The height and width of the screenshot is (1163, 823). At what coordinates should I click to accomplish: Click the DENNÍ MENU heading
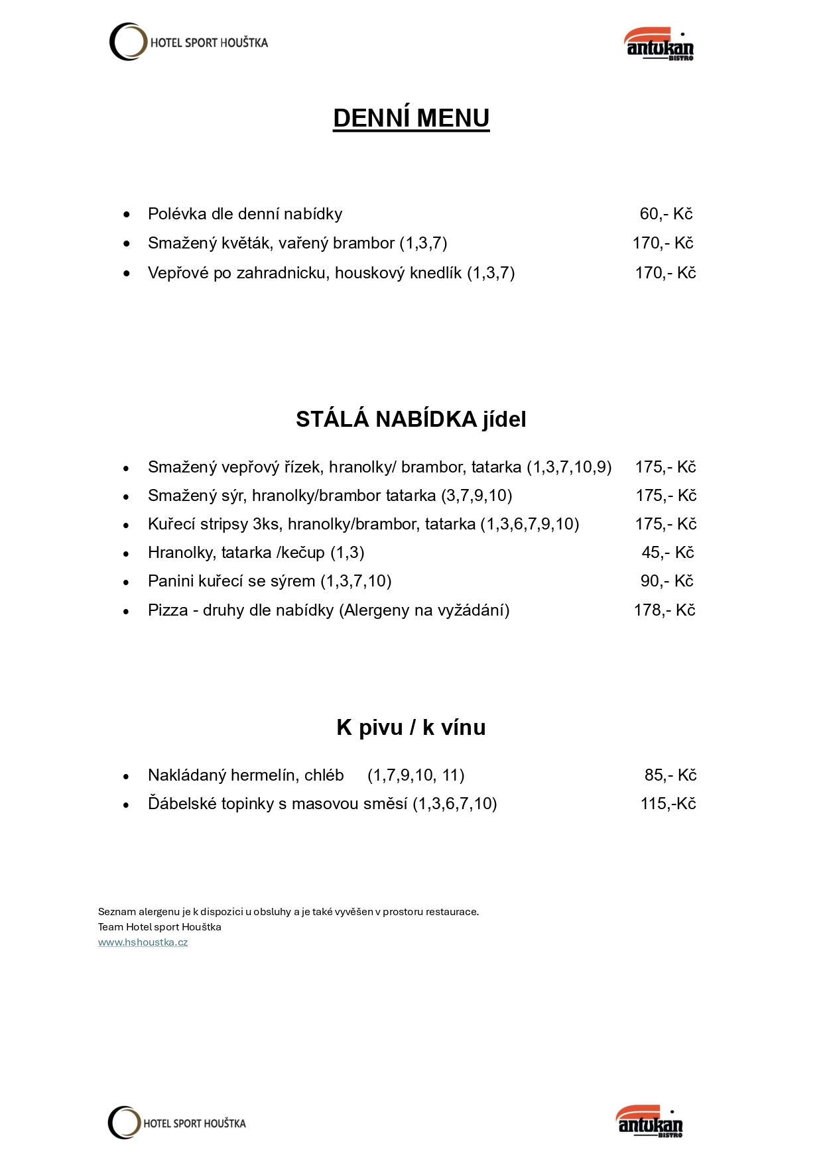[x=411, y=118]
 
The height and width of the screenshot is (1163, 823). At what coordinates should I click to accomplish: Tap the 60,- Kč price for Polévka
[x=666, y=214]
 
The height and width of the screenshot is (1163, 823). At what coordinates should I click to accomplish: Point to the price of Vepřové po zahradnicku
[x=665, y=273]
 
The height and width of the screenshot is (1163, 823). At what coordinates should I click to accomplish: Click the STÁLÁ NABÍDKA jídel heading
[x=411, y=419]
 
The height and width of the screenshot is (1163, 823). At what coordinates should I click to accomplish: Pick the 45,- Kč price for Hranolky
[x=667, y=553]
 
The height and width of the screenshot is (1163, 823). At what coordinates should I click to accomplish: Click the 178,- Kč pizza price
[x=665, y=610]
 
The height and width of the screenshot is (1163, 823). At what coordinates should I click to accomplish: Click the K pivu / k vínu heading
[x=411, y=728]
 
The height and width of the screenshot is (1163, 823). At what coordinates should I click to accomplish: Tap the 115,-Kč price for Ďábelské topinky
[x=668, y=804]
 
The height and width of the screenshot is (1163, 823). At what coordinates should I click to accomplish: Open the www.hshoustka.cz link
[x=143, y=942]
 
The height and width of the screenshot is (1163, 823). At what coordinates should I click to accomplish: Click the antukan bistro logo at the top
[x=659, y=44]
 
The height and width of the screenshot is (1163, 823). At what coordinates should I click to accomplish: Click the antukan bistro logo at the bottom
[x=650, y=1121]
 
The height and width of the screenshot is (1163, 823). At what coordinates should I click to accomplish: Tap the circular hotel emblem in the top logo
[x=127, y=42]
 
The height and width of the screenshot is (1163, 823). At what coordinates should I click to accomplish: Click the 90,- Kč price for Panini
[x=666, y=581]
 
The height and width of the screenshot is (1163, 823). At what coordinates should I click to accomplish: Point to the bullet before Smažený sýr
[x=126, y=496]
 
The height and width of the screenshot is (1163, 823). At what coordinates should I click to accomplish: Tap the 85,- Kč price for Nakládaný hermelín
[x=670, y=775]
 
